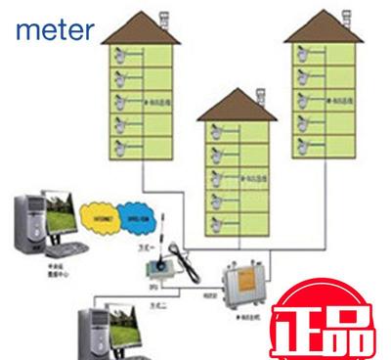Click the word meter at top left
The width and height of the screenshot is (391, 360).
click(55, 30)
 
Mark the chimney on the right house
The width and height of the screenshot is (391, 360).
click(350, 16)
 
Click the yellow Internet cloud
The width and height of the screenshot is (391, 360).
click(101, 213)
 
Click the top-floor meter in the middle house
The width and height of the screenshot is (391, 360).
click(209, 132)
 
